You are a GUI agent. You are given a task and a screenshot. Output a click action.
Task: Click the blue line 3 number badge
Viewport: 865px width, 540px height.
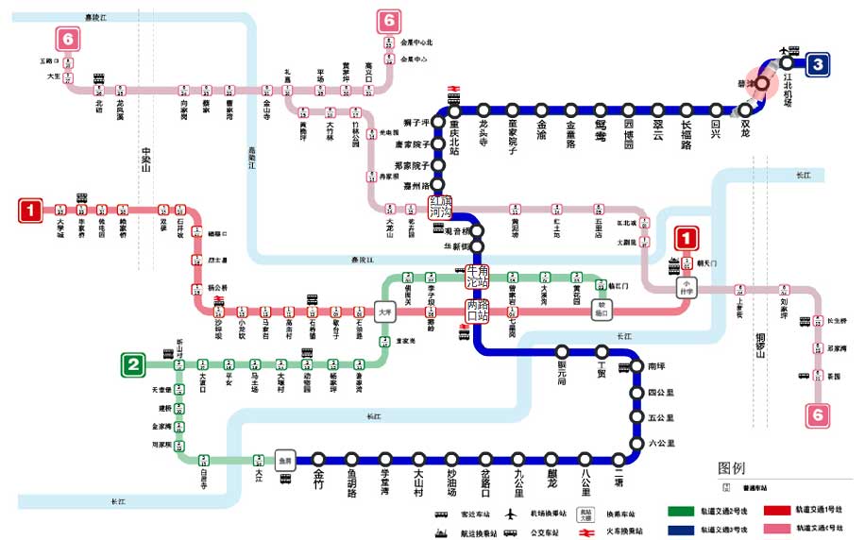817,64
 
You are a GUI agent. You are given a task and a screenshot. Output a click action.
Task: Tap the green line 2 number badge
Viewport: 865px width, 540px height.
134,364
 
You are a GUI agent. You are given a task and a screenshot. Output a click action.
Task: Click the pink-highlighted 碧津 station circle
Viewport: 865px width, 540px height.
761,83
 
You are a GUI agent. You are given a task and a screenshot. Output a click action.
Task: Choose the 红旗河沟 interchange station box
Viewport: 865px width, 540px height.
441,207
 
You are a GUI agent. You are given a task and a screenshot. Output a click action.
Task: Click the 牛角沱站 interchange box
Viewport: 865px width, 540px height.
477,277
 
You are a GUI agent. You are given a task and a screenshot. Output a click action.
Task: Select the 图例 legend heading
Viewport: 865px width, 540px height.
732,468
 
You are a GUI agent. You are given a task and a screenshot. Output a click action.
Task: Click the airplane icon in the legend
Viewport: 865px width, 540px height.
511,515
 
